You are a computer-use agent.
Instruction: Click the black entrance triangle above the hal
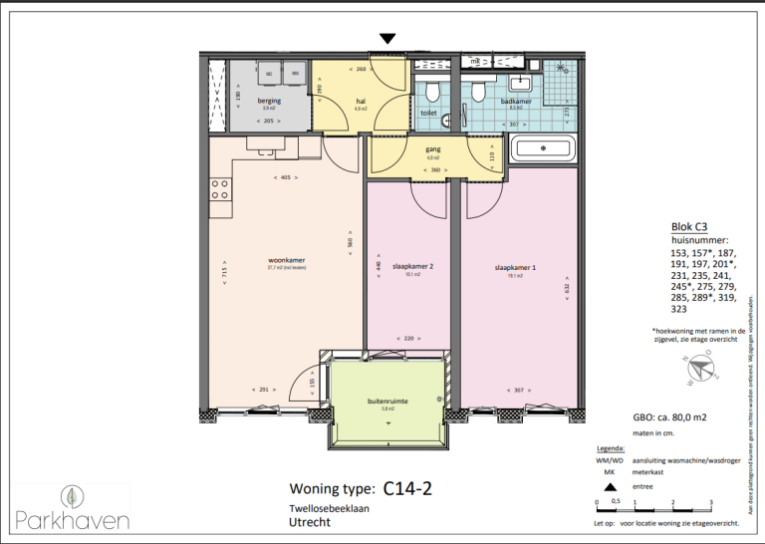tap(388, 38)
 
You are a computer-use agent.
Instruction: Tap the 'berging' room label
tap(268, 101)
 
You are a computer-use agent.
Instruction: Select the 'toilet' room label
tap(428, 114)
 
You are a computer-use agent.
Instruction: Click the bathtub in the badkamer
tap(541, 151)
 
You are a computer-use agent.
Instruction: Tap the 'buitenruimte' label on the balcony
tap(387, 402)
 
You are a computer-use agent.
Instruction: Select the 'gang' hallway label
tap(432, 148)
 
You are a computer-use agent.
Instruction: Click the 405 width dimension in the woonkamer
tap(285, 177)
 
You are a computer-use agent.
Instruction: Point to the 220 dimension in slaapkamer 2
tap(407, 339)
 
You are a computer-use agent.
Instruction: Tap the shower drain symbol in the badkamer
tap(562, 69)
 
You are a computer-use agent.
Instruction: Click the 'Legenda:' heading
tap(610, 448)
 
